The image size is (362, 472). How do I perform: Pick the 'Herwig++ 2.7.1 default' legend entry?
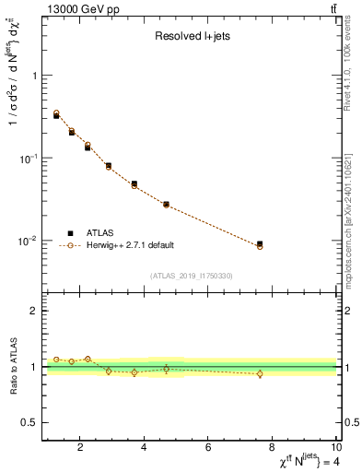(129, 245)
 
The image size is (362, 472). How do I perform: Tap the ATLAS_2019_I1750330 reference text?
(191, 275)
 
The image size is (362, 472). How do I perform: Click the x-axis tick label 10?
(335, 449)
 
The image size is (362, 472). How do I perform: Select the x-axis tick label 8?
(273, 449)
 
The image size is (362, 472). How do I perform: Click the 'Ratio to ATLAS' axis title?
(12, 367)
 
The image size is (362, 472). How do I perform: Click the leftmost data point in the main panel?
(56, 115)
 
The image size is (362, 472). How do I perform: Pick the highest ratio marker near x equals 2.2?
(88, 359)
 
